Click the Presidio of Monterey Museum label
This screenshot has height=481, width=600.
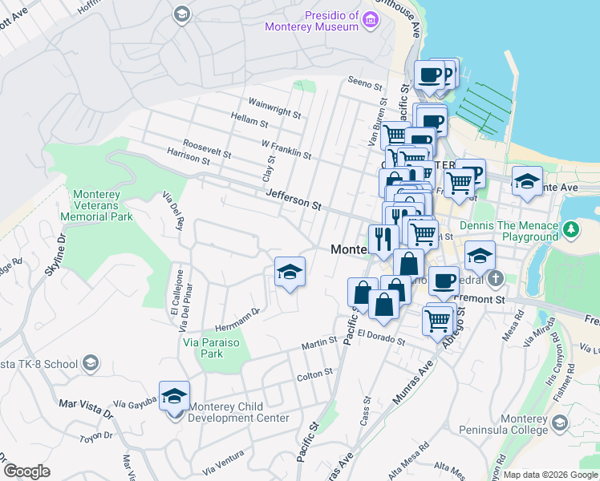click(312, 22)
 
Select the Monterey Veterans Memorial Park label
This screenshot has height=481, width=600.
click(103, 206)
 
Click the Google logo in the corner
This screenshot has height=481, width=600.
click(26, 471)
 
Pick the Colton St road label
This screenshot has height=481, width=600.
click(314, 374)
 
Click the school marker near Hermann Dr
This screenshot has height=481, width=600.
click(290, 273)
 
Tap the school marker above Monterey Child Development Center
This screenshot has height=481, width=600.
click(174, 396)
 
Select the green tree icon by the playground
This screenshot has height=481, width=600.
click(570, 231)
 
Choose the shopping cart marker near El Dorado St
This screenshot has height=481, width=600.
click(438, 319)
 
